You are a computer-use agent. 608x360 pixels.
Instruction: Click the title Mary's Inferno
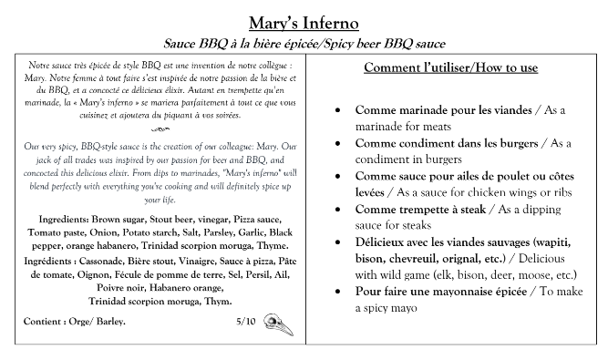tap(303, 21)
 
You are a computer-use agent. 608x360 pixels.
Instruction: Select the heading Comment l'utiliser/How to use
tap(450, 68)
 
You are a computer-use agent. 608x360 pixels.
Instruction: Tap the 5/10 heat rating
tap(245, 322)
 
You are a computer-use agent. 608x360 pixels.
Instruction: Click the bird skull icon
tap(274, 322)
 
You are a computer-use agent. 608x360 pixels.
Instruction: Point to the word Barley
tap(108, 323)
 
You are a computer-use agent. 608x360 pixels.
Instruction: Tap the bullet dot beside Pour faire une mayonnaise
tap(339, 292)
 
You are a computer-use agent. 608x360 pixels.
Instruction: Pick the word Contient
tap(43, 323)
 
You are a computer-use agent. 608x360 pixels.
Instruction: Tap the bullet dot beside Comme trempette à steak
tap(339, 209)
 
